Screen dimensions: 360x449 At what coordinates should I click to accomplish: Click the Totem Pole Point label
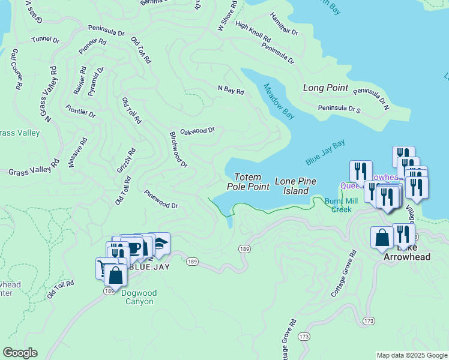point(248,182)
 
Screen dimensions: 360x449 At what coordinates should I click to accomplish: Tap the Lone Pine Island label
point(292,186)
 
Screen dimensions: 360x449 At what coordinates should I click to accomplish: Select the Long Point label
point(325,88)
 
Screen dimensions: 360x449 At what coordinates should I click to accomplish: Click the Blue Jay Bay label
point(325,152)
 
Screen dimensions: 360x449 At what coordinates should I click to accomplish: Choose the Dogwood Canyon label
point(137,297)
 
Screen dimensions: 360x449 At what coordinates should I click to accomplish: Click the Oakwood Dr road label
point(197,130)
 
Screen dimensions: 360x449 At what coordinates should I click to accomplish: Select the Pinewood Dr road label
point(161,200)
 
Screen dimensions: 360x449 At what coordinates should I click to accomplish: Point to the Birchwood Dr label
point(179,149)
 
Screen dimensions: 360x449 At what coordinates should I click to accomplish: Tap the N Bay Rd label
point(231,91)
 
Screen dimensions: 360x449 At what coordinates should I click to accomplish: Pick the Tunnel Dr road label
point(46,40)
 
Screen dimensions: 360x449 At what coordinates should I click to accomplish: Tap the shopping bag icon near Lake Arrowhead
point(382,238)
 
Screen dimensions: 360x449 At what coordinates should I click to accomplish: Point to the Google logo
point(20,353)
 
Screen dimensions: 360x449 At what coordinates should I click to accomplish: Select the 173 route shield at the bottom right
point(368,322)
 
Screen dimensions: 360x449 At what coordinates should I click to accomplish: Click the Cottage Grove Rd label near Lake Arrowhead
point(344,274)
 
